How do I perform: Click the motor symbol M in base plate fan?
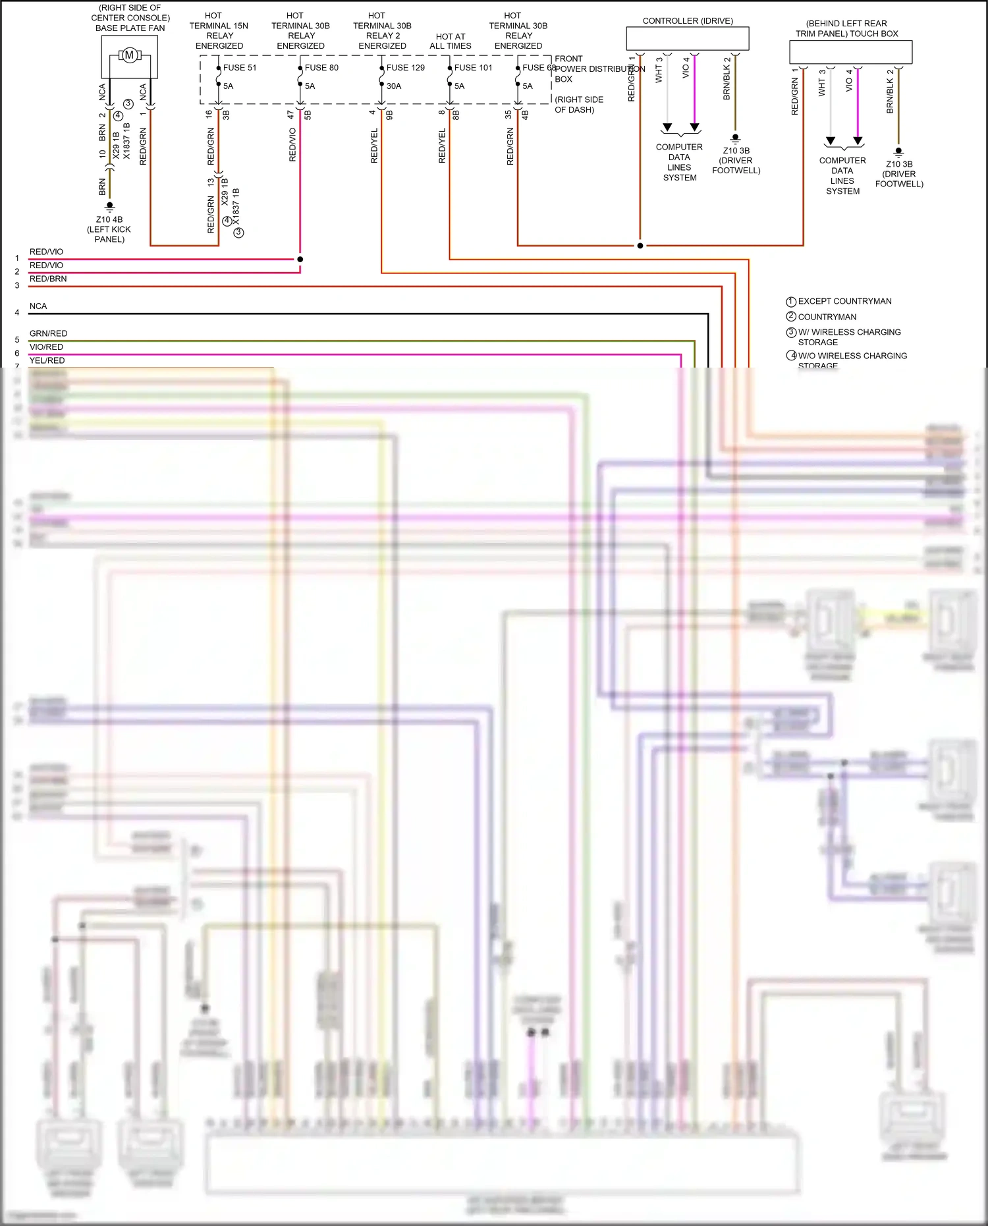[129, 55]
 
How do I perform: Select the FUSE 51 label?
[240, 68]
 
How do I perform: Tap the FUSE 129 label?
[405, 68]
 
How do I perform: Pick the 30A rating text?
[394, 86]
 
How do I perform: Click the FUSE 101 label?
[473, 68]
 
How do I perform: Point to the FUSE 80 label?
[321, 68]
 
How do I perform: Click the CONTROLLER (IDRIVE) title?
[688, 21]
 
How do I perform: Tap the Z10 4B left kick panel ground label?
[109, 229]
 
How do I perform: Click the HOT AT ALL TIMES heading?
[451, 42]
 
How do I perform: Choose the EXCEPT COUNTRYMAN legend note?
[844, 301]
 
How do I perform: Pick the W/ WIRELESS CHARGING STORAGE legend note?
[848, 337]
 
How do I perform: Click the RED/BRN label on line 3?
[48, 279]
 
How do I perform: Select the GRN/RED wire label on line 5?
[48, 333]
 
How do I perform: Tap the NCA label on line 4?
[38, 306]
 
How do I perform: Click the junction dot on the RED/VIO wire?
[300, 259]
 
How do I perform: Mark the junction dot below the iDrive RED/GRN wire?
[640, 246]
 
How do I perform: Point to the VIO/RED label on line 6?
[46, 347]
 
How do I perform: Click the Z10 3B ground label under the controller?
[736, 160]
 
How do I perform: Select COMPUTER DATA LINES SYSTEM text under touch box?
[842, 176]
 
